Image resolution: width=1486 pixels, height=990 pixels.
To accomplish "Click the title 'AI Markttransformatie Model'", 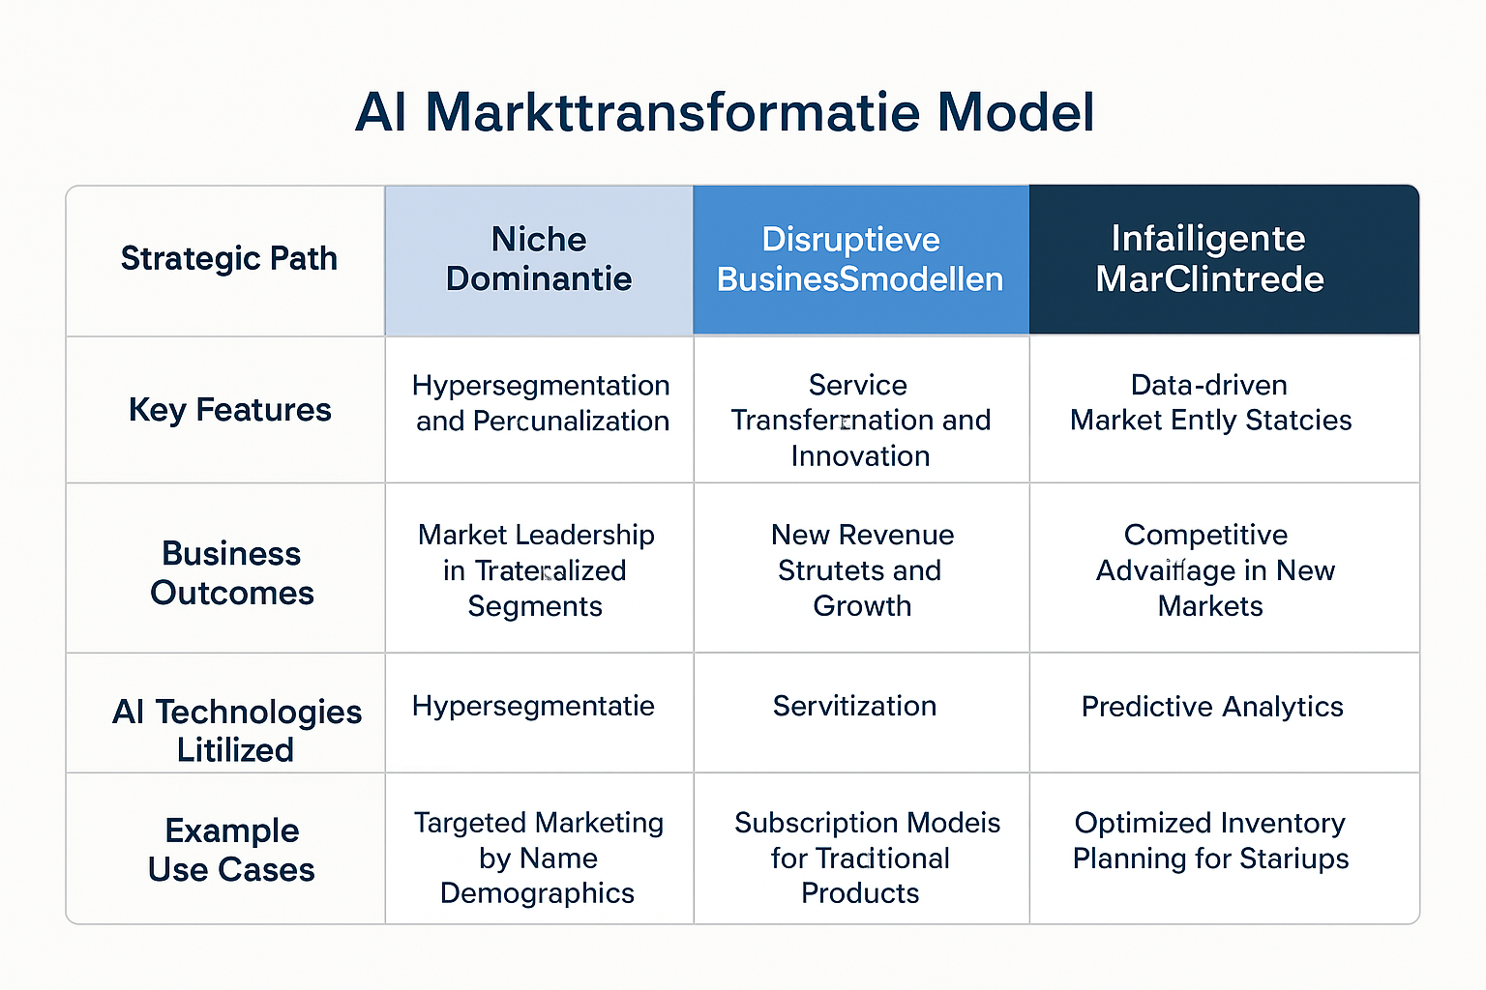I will click(x=725, y=112).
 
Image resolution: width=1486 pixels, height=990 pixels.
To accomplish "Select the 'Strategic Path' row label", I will click(x=228, y=259).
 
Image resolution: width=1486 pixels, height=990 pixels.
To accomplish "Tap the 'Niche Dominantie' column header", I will click(x=539, y=259).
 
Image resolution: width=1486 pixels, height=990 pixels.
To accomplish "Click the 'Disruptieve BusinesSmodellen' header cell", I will click(x=860, y=259).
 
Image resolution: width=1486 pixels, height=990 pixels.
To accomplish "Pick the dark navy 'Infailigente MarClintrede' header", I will click(x=1209, y=259).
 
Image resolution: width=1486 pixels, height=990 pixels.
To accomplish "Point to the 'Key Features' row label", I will click(x=229, y=410).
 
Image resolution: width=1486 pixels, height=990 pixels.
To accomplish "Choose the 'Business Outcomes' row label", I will click(x=231, y=572).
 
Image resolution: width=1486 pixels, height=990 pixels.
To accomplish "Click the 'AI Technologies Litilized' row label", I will click(x=236, y=730).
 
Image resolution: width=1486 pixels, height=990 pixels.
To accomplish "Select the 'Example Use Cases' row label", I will click(x=231, y=850).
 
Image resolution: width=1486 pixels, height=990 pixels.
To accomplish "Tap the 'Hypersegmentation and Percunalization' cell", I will click(x=541, y=403).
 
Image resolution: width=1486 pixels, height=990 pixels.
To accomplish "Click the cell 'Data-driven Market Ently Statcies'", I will click(x=1210, y=402).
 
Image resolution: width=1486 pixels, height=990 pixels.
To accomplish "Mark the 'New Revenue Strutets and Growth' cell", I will click(x=861, y=570).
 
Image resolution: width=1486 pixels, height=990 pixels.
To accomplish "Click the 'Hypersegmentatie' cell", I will click(x=533, y=706).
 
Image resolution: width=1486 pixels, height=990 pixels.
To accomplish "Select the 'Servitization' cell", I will click(x=854, y=706).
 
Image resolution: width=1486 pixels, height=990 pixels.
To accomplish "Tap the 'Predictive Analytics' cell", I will click(x=1212, y=707).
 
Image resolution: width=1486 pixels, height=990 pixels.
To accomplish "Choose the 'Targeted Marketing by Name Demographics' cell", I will click(x=538, y=858).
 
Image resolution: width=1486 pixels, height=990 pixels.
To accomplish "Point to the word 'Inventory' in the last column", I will click(x=1281, y=823).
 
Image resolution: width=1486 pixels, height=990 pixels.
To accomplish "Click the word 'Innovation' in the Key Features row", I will click(x=860, y=455).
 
